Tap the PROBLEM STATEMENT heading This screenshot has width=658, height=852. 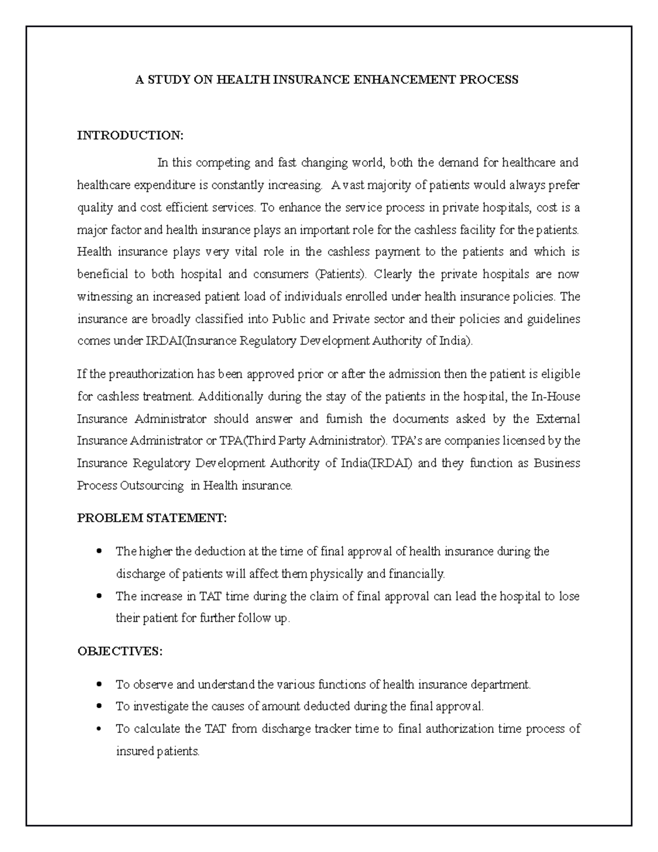click(151, 518)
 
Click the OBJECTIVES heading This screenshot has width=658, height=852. click(120, 651)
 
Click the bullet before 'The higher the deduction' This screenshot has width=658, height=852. click(99, 551)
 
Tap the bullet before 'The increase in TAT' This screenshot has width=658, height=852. click(99, 596)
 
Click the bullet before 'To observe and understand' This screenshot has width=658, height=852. click(99, 685)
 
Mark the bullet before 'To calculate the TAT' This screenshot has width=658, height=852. click(99, 729)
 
